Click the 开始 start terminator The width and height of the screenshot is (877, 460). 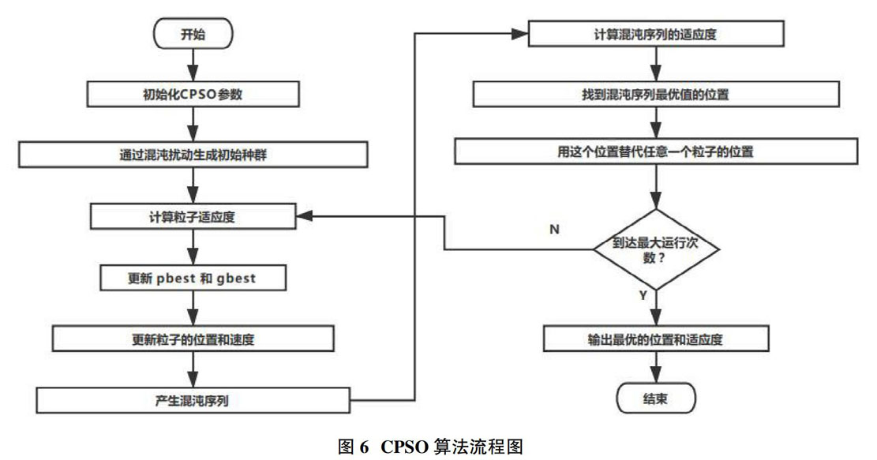pos(193,34)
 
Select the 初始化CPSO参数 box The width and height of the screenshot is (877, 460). pos(193,94)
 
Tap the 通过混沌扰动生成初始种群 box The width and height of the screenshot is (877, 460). pos(193,155)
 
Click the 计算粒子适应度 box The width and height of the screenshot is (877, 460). pos(193,216)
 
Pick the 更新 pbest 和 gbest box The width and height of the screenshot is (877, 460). pos(193,278)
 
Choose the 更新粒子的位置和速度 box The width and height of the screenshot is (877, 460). pos(193,338)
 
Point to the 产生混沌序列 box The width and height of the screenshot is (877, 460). pos(193,400)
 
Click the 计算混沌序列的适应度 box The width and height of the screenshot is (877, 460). pos(656,34)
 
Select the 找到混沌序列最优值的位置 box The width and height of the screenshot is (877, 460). pos(656,94)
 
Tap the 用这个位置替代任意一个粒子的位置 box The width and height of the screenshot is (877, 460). pos(656,151)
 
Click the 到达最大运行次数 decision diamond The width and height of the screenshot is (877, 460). pos(656,249)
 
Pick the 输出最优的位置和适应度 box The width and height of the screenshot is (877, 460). pos(656,338)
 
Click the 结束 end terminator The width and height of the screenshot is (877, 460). pos(656,398)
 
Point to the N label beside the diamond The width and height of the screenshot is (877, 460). pos(554,229)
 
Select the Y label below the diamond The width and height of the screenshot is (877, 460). pos(643,295)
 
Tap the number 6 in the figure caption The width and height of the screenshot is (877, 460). pos(364,447)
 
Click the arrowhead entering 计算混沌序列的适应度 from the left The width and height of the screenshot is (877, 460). pos(520,34)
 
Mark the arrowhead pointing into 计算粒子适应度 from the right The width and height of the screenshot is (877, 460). pos(304,216)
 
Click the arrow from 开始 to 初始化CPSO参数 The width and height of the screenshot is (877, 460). pos(193,65)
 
